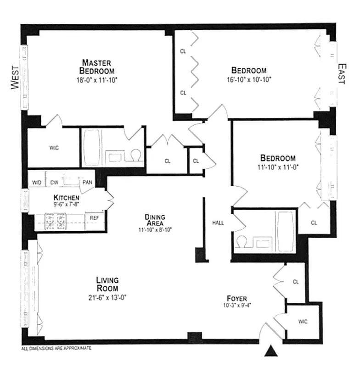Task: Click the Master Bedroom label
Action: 97,67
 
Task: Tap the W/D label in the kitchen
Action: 37,183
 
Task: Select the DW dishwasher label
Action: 54,183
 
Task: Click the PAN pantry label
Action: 87,183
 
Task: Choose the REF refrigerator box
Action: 94,218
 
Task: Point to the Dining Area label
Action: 155,220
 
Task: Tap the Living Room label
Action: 107,284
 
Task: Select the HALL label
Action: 218,223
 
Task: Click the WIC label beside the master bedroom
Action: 54,148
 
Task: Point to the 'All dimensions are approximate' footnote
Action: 56,348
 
